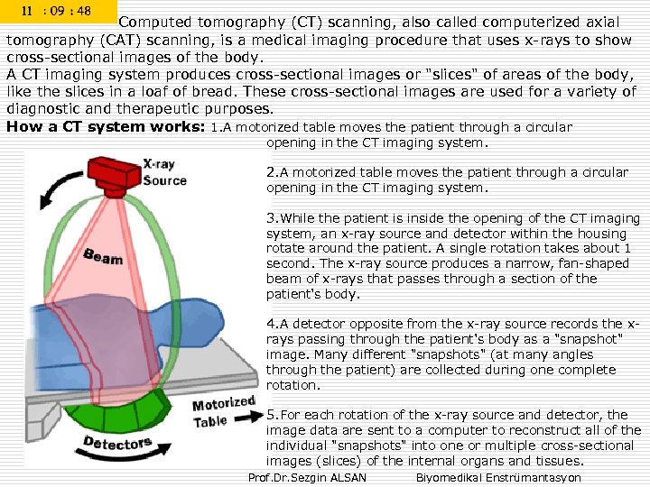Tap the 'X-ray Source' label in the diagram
(x=163, y=172)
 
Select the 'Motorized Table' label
(x=222, y=411)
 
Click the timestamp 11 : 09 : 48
(x=58, y=12)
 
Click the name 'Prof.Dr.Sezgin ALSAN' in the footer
(x=307, y=477)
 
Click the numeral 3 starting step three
(x=270, y=218)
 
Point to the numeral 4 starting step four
(x=270, y=324)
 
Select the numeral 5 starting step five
(x=270, y=415)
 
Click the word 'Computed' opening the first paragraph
(x=154, y=23)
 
